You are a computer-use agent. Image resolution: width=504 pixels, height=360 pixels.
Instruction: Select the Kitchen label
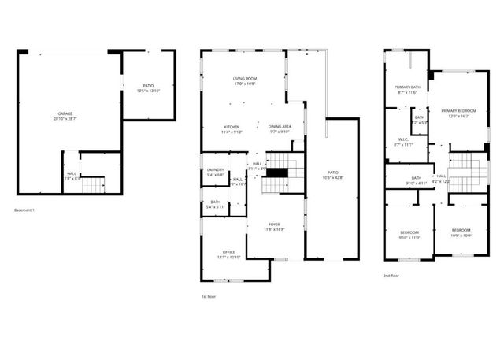[x=231, y=127]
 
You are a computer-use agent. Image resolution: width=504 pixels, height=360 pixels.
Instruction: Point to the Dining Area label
[x=280, y=127]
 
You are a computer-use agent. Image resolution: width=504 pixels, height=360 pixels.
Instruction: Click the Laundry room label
[x=215, y=169]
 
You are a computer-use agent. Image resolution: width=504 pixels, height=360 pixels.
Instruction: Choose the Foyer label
[x=274, y=225]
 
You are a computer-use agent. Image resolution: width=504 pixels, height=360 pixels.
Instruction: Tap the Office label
[x=228, y=252]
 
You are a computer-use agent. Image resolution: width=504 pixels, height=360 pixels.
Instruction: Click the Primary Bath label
[x=407, y=87]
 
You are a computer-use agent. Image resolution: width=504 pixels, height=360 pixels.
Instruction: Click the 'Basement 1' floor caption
[x=26, y=210]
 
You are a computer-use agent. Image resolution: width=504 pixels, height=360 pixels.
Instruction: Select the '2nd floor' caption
[x=391, y=276]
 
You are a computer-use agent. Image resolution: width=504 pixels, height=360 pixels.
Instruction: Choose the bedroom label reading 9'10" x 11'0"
[x=409, y=234]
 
